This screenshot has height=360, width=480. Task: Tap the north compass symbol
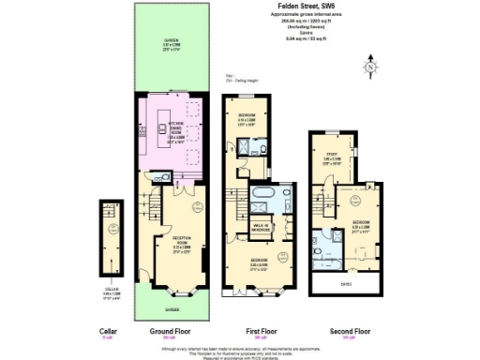tap(372, 67)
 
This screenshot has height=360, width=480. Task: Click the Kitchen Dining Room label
tap(174, 135)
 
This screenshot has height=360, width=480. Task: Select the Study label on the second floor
tap(331, 157)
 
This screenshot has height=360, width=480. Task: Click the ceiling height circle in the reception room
tap(195, 207)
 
